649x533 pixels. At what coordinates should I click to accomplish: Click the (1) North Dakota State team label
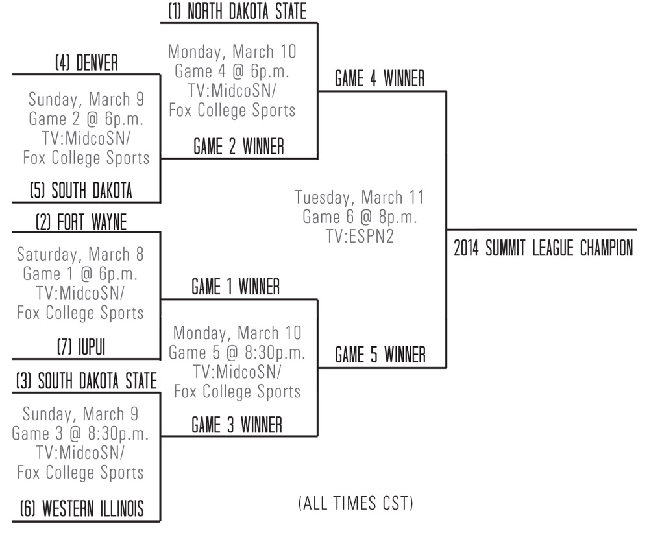(x=237, y=12)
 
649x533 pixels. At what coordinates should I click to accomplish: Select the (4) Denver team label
(x=86, y=64)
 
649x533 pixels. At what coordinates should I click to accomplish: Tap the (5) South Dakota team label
(x=81, y=191)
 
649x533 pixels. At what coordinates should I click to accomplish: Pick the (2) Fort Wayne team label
(x=81, y=222)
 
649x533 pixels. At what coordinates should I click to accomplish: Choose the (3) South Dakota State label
(x=86, y=381)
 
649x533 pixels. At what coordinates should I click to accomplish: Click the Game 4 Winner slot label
(x=380, y=79)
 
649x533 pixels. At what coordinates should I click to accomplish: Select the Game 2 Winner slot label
(x=238, y=147)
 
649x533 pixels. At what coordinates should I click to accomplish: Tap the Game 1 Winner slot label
(x=236, y=287)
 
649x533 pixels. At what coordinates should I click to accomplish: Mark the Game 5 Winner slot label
(x=380, y=355)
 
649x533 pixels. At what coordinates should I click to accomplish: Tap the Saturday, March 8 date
(x=80, y=253)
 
